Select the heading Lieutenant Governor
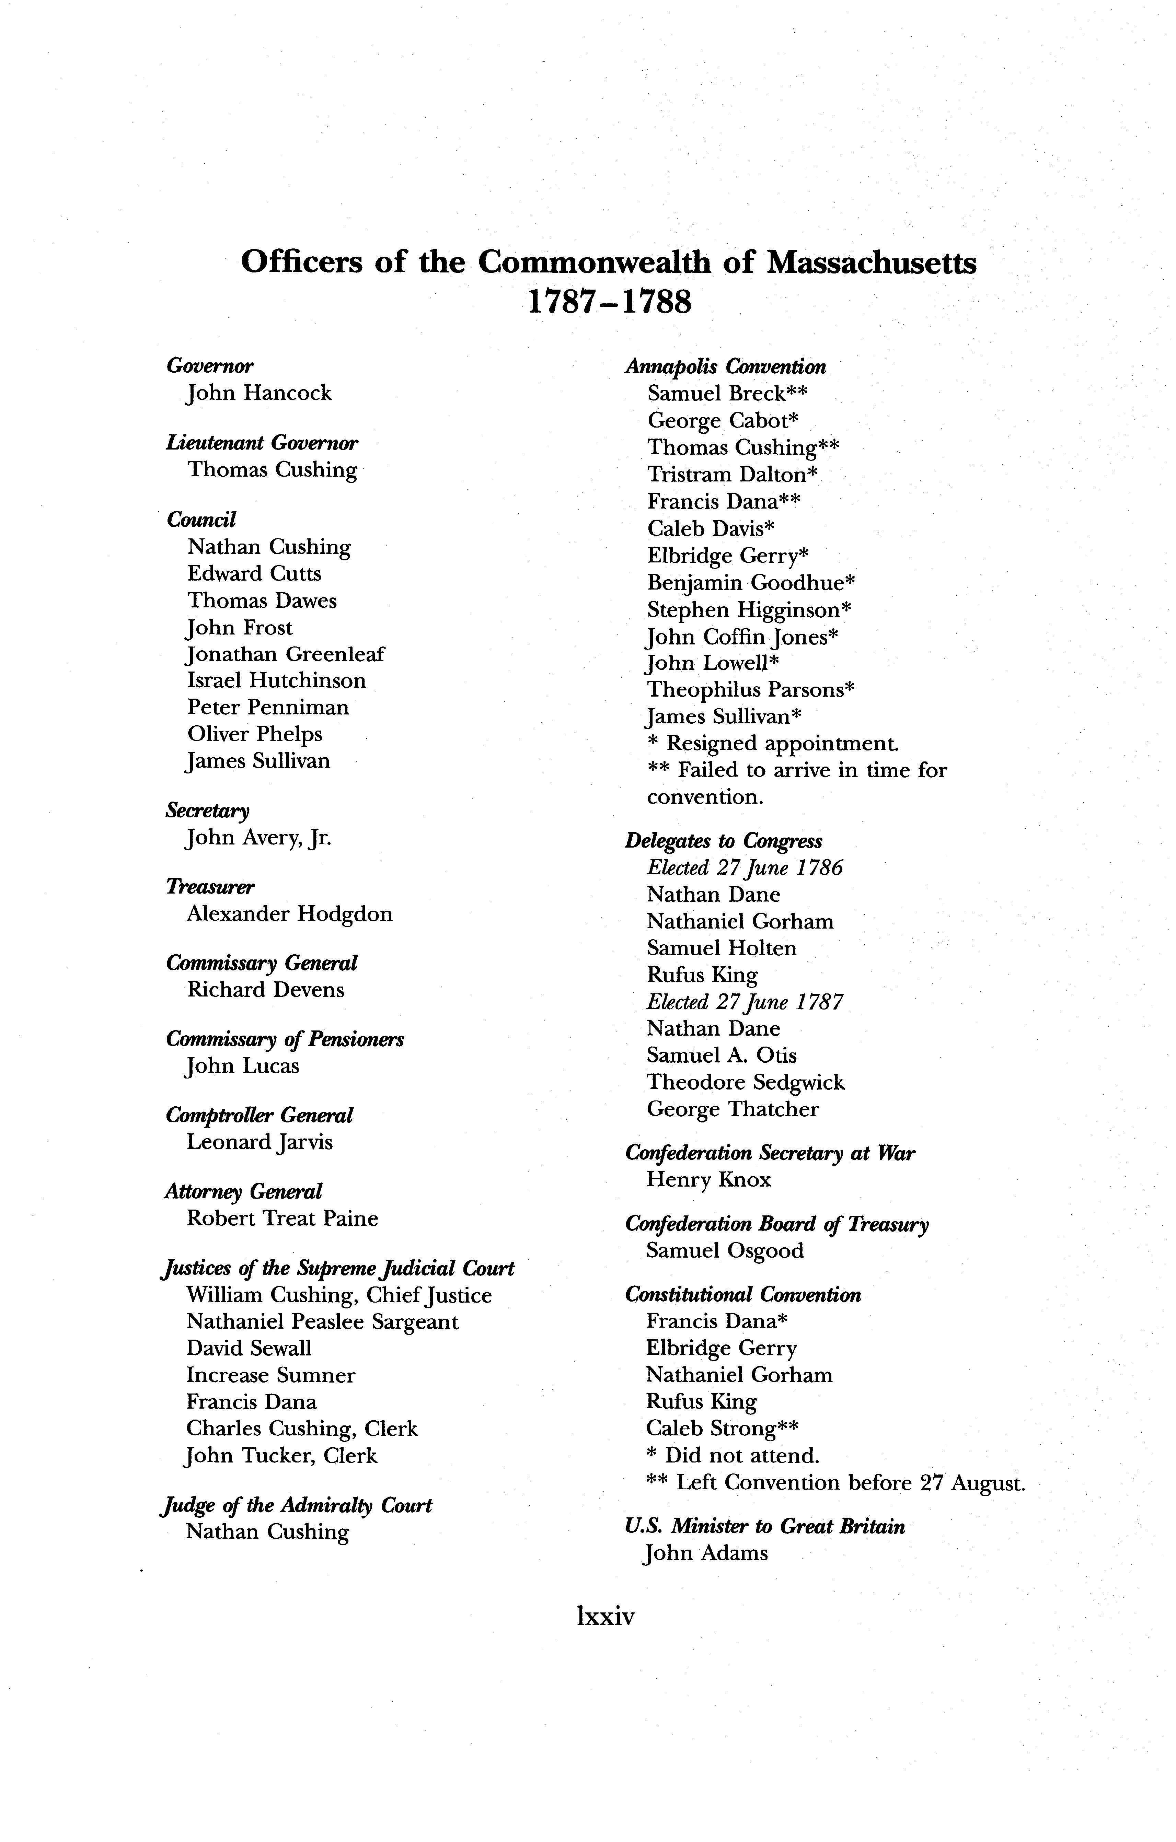click(262, 443)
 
